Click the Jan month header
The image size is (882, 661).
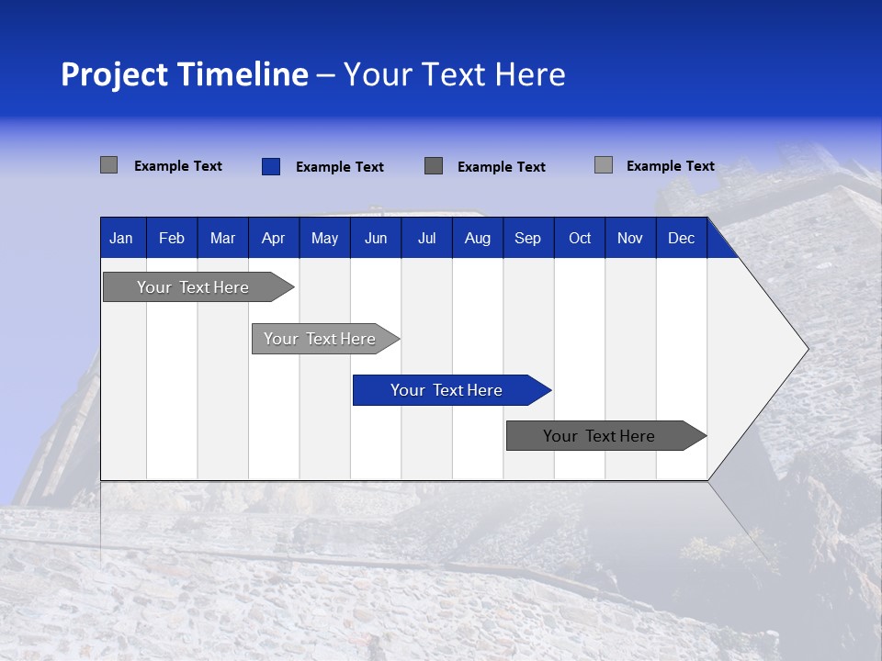point(122,238)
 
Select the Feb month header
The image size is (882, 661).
point(172,238)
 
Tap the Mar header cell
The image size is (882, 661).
point(222,238)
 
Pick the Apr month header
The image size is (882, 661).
point(274,238)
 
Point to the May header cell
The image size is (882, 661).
point(324,238)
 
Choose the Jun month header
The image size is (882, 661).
point(376,238)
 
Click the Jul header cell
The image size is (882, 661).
point(426,238)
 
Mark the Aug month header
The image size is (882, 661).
point(478,238)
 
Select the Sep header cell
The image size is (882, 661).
point(528,238)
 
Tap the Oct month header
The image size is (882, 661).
point(580,238)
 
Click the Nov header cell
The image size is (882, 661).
point(630,238)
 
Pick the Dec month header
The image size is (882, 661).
point(682,238)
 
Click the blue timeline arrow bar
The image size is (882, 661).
point(447,390)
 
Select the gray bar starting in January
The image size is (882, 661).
point(193,287)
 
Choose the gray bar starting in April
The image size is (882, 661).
point(320,339)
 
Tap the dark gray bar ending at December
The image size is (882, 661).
point(599,436)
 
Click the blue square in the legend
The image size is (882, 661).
point(270,166)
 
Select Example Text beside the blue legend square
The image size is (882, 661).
point(340,167)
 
